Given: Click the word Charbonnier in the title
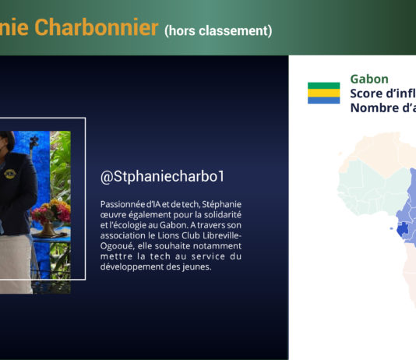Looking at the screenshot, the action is click(x=97, y=27).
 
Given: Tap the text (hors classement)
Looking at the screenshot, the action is click(x=218, y=30).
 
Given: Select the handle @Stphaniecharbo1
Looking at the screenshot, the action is click(x=162, y=177).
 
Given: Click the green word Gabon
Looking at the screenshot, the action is click(x=369, y=79).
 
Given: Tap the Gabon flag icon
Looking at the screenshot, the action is click(x=323, y=93).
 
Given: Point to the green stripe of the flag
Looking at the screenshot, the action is click(x=323, y=86).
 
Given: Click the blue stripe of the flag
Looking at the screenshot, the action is click(x=323, y=100).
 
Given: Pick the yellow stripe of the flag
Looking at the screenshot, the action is click(x=323, y=93).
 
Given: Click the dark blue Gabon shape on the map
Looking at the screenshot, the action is click(x=403, y=229).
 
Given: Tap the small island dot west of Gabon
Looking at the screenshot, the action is click(x=391, y=228).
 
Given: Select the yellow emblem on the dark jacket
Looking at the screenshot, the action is click(x=9, y=174).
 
